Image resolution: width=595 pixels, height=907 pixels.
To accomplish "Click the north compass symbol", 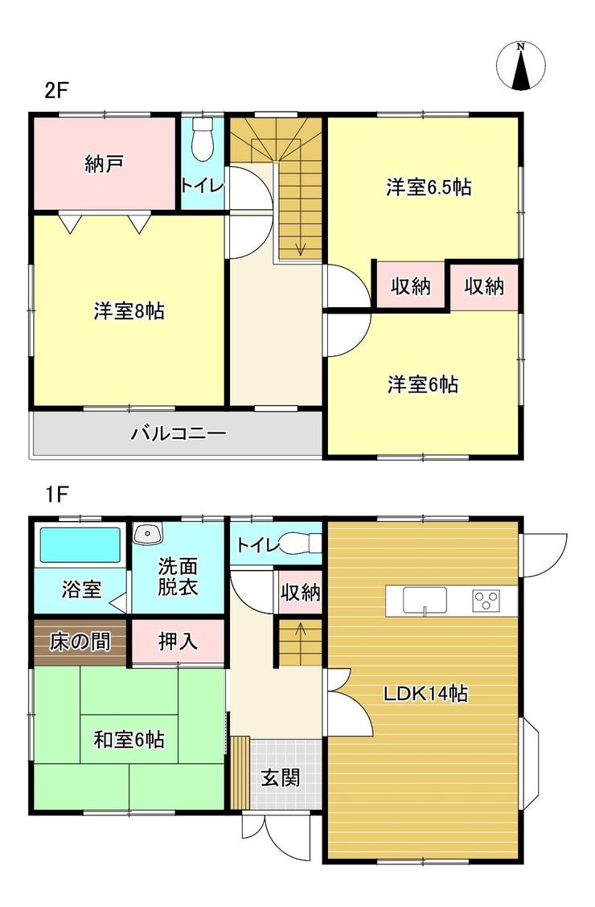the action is point(521,66).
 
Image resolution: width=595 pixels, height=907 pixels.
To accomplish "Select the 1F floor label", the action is point(56,495).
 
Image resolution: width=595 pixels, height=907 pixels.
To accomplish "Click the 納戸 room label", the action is point(104,164).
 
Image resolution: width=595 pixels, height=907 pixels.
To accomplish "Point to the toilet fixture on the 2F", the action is point(203,139).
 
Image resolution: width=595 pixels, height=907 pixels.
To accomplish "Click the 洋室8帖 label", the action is point(129,311).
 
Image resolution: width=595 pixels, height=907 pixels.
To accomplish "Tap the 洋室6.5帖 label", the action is point(429,187).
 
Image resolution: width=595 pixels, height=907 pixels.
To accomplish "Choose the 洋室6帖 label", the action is point(423,384).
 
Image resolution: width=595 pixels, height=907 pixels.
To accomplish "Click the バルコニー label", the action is point(178,433).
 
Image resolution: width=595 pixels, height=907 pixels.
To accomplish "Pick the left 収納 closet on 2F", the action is point(411,285).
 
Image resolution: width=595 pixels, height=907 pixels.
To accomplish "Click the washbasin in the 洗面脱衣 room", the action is point(148,533).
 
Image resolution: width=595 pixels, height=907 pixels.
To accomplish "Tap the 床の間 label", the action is point(80,642).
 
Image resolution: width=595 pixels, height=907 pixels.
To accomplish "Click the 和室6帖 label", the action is point(129,739).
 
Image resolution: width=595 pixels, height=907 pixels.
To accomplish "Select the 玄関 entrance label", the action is point(281,778).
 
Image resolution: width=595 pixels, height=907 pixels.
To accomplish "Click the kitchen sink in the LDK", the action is point(425,600).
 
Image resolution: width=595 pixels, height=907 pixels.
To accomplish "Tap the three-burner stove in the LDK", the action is point(487,600).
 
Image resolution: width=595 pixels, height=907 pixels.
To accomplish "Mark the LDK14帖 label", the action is point(425,693).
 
